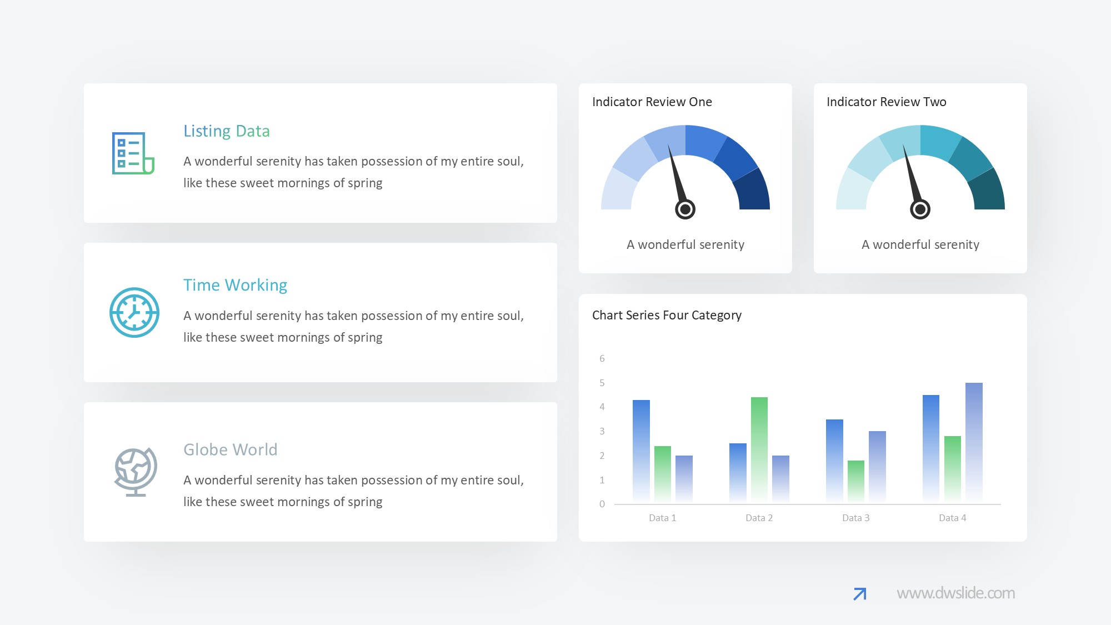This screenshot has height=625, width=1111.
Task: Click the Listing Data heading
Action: [x=227, y=131]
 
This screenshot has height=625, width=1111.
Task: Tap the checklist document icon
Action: [x=133, y=153]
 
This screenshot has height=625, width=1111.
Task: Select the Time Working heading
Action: [x=236, y=285]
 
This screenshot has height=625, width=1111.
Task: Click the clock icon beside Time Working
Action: [x=134, y=312]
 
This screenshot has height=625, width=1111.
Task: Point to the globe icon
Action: [x=136, y=472]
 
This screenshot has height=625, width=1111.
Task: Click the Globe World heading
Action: [x=231, y=449]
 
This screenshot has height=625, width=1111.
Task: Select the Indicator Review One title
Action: [x=652, y=102]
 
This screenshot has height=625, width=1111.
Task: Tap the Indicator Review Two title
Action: [x=887, y=102]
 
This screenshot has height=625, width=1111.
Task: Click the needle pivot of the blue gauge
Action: [x=685, y=209]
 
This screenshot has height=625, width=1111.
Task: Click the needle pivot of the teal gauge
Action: [x=920, y=209]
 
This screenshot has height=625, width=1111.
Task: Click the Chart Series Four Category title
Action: [x=667, y=316]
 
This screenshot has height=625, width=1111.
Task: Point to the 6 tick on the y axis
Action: [x=602, y=358]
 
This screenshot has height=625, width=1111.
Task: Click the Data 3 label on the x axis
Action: [x=856, y=518]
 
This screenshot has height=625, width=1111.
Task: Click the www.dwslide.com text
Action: [x=956, y=593]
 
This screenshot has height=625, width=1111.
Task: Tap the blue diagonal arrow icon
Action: [x=860, y=594]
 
